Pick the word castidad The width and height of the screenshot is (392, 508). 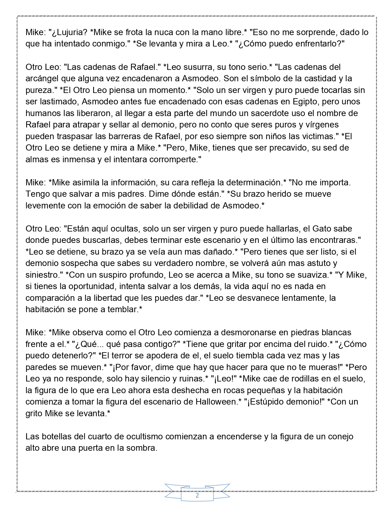point(319,79)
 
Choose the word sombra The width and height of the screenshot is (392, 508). point(141,448)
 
